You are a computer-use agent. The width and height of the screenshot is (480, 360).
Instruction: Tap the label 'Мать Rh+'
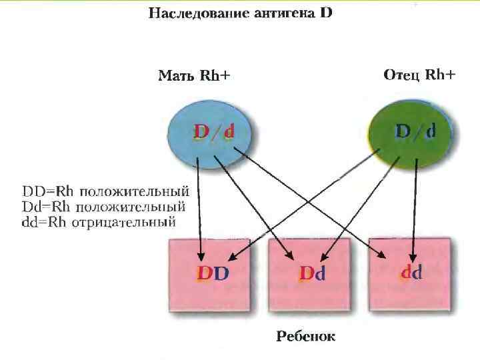[194, 75]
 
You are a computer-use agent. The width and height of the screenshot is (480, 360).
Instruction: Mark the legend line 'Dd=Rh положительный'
[105, 207]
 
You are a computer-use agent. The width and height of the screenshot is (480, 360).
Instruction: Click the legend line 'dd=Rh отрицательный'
[99, 222]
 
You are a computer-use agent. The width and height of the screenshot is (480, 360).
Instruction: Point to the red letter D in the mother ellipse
[201, 133]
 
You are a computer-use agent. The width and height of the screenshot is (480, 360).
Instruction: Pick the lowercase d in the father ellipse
[431, 131]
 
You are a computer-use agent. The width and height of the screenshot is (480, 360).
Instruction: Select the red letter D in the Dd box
[306, 273]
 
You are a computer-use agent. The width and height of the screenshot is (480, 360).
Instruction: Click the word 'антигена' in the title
[279, 14]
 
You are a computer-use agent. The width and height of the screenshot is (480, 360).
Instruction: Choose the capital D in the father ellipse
[403, 131]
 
